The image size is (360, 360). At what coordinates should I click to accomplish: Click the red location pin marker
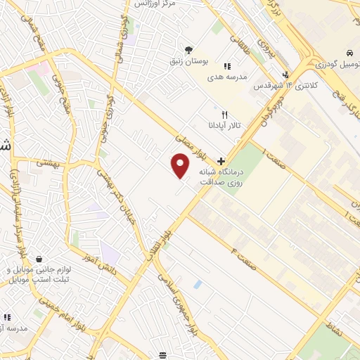[181, 166]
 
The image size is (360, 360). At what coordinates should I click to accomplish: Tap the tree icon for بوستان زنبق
[188, 49]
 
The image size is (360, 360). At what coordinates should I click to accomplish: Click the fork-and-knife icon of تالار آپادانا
[225, 113]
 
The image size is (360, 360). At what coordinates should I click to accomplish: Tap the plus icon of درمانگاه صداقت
[221, 161]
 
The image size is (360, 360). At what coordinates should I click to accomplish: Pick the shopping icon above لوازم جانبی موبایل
[39, 259]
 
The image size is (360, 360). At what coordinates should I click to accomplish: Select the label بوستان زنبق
[188, 62]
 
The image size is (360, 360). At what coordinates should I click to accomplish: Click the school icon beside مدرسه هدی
[226, 67]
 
